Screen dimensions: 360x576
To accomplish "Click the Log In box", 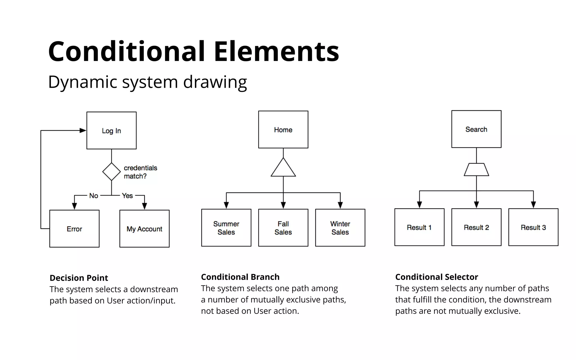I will [111, 130].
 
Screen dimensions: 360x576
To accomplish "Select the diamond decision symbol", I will [111, 172].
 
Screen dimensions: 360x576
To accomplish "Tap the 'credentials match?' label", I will [140, 172].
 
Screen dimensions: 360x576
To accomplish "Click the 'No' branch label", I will [94, 196].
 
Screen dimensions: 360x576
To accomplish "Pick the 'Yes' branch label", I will [127, 196].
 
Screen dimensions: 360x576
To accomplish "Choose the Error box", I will [74, 229].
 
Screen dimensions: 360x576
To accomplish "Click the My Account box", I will [144, 229].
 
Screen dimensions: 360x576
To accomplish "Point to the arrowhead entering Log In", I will [83, 130].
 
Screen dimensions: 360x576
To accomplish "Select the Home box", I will [283, 130].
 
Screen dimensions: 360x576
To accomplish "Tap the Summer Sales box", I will [226, 228].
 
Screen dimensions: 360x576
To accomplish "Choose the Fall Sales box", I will [283, 228].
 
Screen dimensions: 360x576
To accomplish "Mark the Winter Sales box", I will [340, 228].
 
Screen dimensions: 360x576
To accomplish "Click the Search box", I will [476, 129].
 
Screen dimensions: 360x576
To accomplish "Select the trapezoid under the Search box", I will [476, 170].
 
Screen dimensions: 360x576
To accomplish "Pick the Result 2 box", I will [476, 227].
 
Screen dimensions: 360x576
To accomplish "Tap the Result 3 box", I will [533, 227].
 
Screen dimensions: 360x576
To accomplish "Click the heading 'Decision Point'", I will [79, 278].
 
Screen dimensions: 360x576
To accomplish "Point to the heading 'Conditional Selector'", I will [436, 277].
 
